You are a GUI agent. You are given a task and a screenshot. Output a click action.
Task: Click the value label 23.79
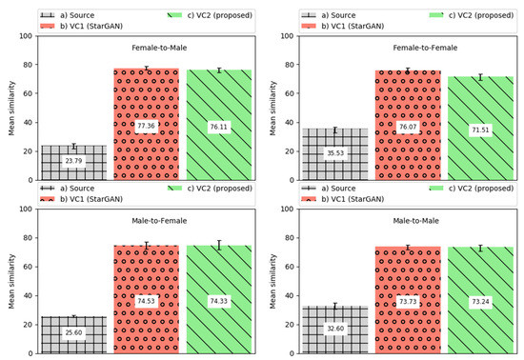tap(73, 162)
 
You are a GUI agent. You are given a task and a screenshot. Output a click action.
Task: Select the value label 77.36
tap(147, 126)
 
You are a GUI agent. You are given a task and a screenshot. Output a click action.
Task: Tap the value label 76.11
tap(219, 127)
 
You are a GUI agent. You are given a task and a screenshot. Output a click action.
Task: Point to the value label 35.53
tap(334, 153)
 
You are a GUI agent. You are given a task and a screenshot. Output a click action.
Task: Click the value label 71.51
tap(480, 130)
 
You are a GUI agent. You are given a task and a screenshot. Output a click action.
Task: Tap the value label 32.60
tap(334, 329)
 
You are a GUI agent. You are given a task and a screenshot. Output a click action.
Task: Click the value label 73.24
tap(480, 301)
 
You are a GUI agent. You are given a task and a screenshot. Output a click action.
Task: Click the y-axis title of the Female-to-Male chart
tap(13, 108)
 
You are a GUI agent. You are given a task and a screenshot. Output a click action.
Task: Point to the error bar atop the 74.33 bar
tap(219, 246)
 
